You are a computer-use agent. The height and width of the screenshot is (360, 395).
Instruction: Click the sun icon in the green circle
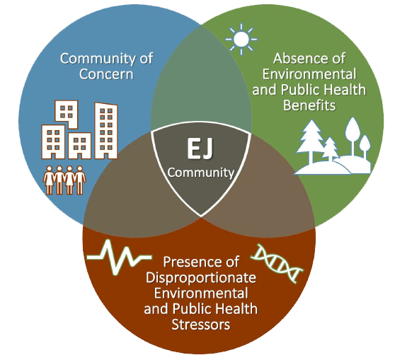(x=241, y=40)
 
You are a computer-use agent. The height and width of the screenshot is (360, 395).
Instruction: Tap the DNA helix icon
(x=277, y=263)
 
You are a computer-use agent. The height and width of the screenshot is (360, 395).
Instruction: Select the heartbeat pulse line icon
(x=119, y=257)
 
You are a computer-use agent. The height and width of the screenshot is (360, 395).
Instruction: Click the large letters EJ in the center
(x=200, y=149)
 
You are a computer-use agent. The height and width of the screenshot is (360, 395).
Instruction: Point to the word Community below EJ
(x=201, y=173)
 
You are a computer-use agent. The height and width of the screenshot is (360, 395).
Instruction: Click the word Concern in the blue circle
(x=106, y=74)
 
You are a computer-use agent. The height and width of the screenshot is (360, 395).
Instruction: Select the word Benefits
(x=309, y=105)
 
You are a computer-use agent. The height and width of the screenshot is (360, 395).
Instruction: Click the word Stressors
(x=201, y=324)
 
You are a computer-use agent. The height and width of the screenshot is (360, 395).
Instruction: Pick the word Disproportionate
(x=201, y=278)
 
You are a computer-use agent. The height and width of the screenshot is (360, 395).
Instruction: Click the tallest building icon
(x=105, y=131)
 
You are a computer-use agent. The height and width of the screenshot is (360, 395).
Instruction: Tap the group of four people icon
(x=64, y=180)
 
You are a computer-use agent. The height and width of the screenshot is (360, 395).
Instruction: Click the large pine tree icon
(x=312, y=140)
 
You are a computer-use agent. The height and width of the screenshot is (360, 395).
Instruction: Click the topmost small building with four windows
(x=67, y=114)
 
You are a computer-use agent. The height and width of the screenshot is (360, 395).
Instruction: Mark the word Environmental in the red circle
(x=201, y=294)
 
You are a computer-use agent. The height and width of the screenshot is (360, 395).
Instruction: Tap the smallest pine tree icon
(x=330, y=149)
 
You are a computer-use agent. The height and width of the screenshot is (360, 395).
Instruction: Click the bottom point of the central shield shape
(x=201, y=216)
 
